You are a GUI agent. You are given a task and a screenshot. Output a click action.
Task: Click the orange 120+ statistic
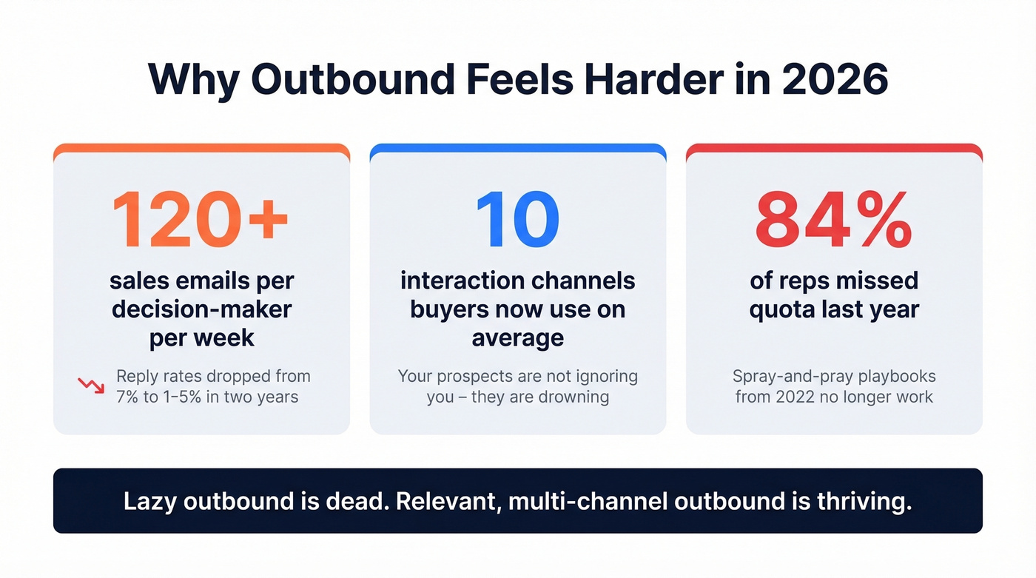coord(201,219)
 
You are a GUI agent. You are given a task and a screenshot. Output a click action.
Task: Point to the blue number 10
coord(517,219)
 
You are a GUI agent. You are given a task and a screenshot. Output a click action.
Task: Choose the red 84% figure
coord(833,219)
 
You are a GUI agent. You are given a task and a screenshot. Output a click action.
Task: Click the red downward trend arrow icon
coord(91,386)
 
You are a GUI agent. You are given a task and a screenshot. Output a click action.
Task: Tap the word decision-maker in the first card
coord(201,309)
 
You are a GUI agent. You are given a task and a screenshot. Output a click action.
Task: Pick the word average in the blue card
coord(517,337)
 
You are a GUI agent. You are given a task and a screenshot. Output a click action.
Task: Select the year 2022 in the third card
coord(794,397)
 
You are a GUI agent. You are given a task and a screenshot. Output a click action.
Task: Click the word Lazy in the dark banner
coord(150,501)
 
